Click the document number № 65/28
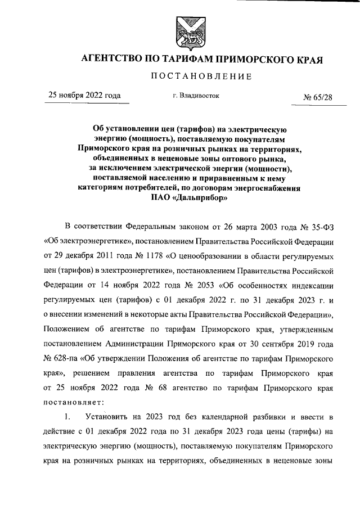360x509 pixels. pyautogui.click(x=318, y=96)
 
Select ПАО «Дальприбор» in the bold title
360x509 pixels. pyautogui.click(x=189, y=198)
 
